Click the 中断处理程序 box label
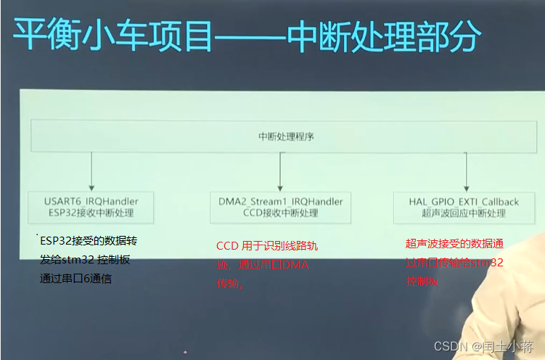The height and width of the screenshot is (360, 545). pyautogui.click(x=286, y=136)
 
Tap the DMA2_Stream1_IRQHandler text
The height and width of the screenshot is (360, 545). pyautogui.click(x=281, y=201)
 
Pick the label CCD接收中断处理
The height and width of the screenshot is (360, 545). pyautogui.click(x=281, y=213)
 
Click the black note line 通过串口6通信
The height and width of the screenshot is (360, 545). pyautogui.click(x=75, y=279)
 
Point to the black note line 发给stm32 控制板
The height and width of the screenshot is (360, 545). pyautogui.click(x=85, y=260)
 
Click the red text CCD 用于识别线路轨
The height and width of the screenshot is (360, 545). pyautogui.click(x=266, y=247)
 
